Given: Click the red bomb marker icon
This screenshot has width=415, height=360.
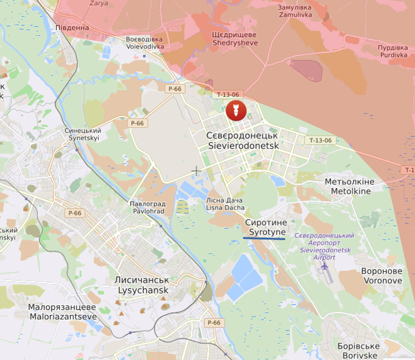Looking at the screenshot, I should coord(235,111).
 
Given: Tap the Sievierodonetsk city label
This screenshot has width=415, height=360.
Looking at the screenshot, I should coord(242,140).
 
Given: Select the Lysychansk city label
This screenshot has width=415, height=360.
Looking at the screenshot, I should coord(142,285).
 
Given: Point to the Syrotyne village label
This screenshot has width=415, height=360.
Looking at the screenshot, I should coord(266,227).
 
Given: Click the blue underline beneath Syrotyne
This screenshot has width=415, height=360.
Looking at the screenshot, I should coord(264,238).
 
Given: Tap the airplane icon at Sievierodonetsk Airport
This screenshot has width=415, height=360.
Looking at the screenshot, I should coord(324,266).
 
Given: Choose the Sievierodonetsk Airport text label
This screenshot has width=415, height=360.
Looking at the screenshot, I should coord(325,246).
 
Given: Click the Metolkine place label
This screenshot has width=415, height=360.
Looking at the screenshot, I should coord(351,187).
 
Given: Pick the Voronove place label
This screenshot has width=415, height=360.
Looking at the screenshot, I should coord(381,275).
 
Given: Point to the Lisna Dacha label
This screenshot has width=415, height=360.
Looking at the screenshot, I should coord(225,204).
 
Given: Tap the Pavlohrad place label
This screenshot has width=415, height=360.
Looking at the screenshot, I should coord(147,207).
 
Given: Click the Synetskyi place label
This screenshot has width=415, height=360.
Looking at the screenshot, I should coord(83,134).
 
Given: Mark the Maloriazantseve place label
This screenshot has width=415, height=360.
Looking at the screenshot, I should coord(62,312).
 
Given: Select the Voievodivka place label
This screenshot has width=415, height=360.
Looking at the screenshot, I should coord(145,43).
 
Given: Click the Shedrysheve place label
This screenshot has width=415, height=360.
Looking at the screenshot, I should coord(234,39).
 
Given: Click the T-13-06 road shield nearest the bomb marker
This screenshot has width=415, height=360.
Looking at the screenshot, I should coord(228,95).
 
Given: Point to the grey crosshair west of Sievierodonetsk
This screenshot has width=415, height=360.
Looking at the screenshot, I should coord(196,170).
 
